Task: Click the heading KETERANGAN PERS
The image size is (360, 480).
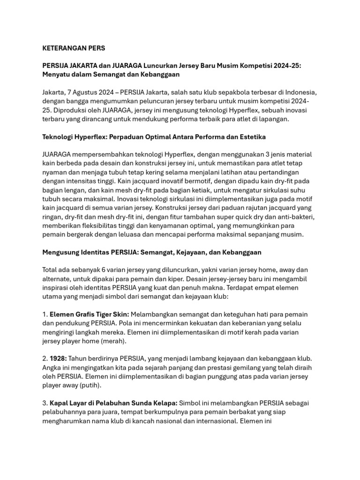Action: [x=74, y=48]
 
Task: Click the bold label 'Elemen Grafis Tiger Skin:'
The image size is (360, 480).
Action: [x=90, y=314]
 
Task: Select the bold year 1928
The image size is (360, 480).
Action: [x=58, y=359]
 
